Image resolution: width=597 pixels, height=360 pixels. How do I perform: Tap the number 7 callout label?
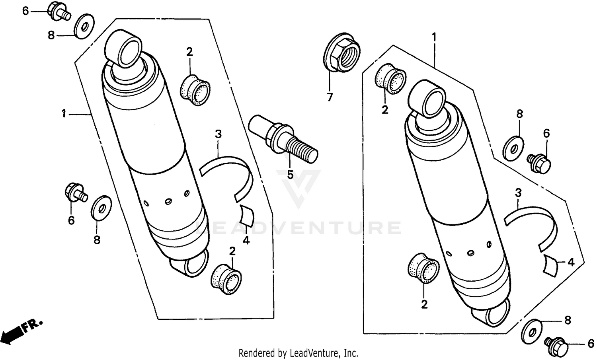[330, 97]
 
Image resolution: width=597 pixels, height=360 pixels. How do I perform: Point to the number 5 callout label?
[290, 175]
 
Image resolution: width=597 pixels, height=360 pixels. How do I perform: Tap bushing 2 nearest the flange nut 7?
[390, 79]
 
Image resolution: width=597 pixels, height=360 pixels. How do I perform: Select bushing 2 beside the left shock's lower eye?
[226, 279]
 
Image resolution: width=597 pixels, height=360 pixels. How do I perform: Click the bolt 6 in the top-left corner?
[59, 12]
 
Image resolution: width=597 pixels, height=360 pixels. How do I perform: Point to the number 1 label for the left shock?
[64, 114]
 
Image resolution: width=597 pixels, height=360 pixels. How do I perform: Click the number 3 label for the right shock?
[518, 193]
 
